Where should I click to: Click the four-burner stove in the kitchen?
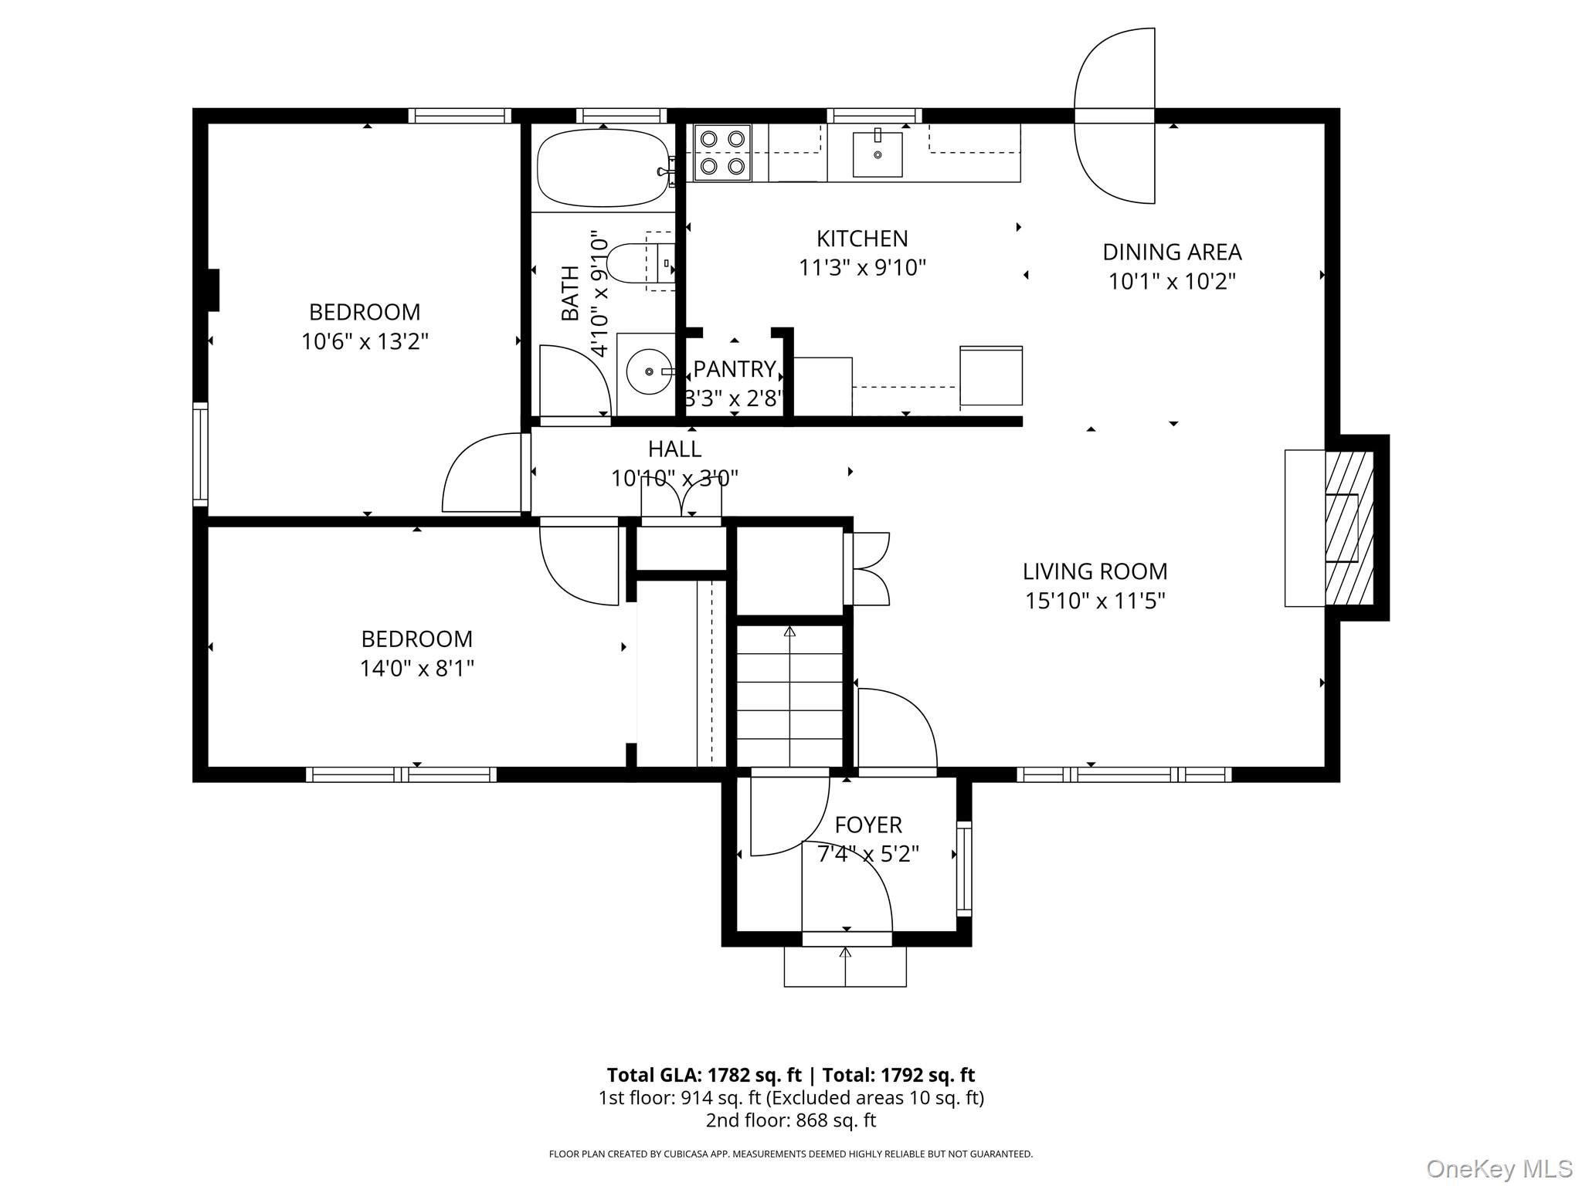(722, 153)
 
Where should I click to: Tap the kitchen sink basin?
(878, 154)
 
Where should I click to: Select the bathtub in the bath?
(603, 168)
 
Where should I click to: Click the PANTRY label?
(734, 369)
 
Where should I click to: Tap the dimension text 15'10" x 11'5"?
(1095, 601)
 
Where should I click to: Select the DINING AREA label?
(1171, 252)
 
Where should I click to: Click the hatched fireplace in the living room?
(1348, 527)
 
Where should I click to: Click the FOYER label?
(868, 825)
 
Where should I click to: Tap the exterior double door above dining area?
(1115, 116)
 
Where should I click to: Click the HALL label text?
(674, 449)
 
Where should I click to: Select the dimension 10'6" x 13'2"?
(365, 341)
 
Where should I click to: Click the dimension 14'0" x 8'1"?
(416, 668)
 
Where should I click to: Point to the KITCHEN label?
(862, 239)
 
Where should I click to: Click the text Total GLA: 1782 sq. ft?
(704, 1075)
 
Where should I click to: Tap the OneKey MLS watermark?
(1499, 1168)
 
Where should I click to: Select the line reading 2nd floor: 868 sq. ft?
(790, 1120)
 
